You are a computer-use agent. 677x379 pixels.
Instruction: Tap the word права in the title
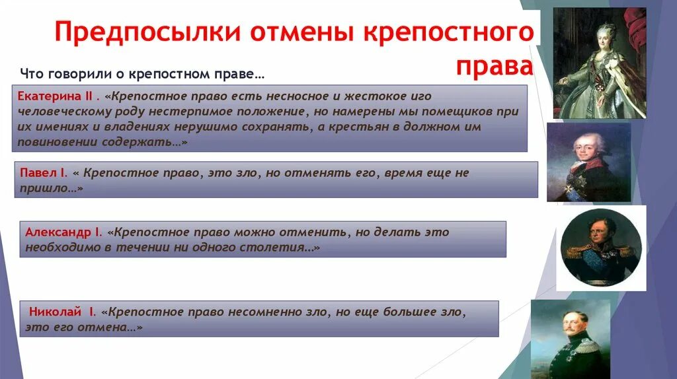495,66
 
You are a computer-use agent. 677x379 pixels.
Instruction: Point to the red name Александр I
63,232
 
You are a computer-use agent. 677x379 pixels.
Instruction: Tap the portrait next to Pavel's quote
588,162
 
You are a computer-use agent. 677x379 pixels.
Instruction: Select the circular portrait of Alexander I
600,247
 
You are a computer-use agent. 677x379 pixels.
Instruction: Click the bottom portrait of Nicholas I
570,339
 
